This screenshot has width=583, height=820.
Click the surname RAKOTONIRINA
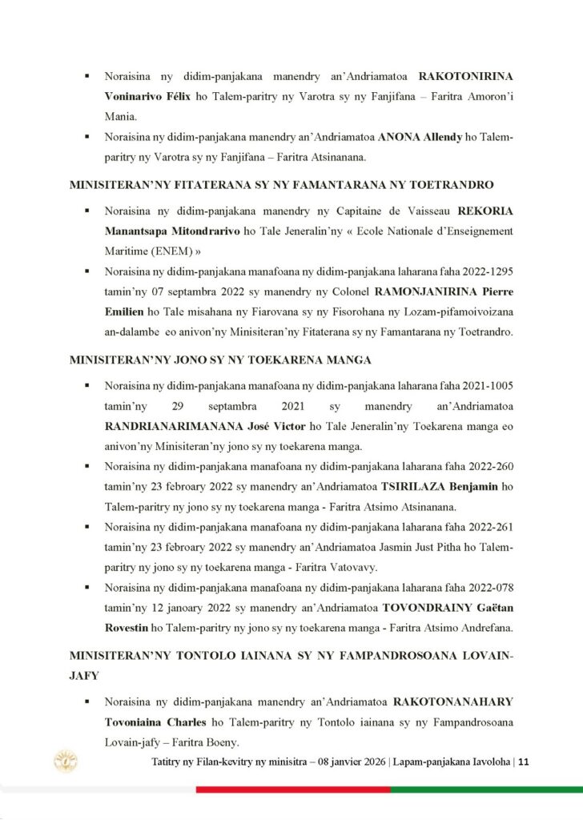click(466, 77)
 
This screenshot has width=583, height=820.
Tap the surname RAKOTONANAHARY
click(453, 701)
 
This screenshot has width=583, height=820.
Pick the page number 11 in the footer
click(524, 762)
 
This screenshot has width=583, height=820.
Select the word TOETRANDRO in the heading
click(446, 183)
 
